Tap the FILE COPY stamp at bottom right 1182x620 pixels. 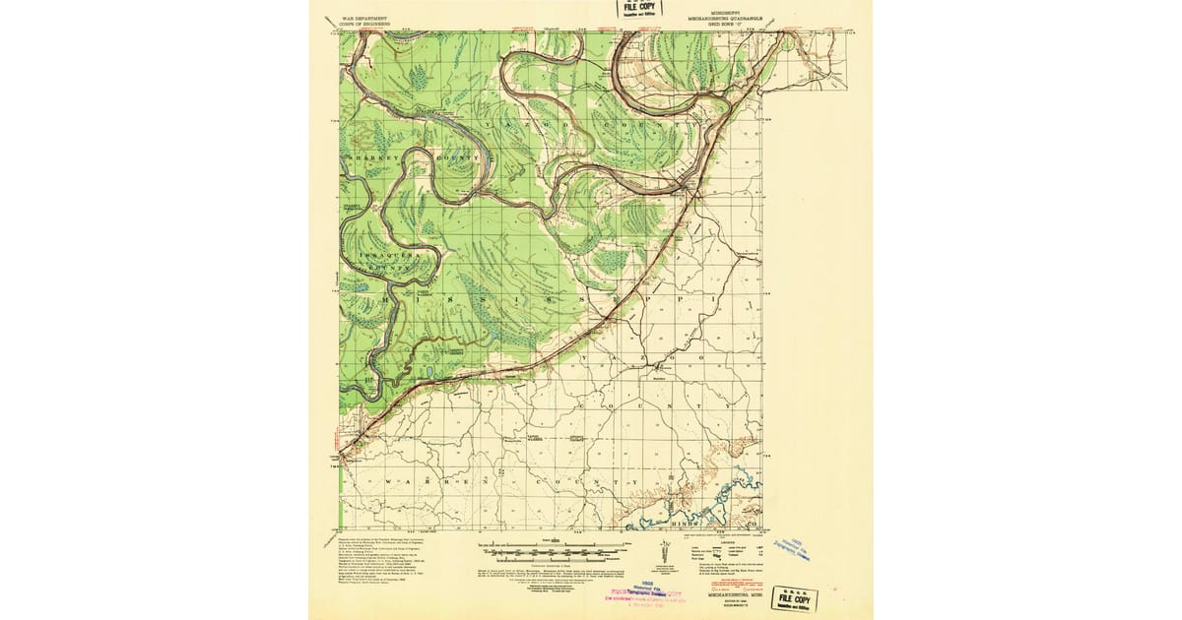click(796, 597)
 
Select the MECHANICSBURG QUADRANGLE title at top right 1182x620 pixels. click(729, 17)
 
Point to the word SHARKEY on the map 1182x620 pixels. click(365, 156)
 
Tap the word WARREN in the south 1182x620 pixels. click(432, 481)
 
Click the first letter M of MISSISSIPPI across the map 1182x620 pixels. click(386, 291)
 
